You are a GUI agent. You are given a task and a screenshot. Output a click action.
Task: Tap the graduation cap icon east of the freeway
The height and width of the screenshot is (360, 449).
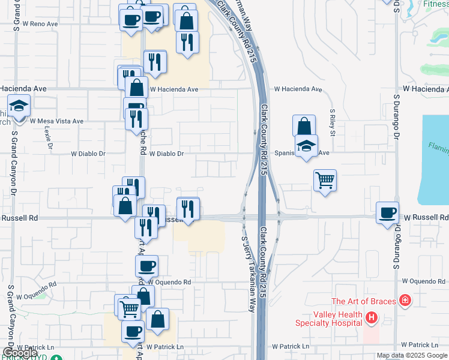306,146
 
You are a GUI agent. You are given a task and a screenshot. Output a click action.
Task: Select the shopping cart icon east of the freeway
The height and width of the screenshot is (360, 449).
325,180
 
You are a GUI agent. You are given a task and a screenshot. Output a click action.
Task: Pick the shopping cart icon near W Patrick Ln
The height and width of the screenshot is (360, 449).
129,309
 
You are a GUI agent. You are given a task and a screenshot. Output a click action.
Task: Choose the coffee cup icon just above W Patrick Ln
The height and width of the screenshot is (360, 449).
133,331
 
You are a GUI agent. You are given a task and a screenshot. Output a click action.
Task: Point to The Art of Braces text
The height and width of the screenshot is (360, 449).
364,301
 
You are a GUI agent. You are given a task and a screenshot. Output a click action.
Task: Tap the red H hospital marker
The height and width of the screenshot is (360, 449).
372,317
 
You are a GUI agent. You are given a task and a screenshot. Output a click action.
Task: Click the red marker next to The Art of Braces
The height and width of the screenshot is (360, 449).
406,300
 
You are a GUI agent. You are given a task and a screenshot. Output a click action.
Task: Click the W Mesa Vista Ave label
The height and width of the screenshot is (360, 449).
57,121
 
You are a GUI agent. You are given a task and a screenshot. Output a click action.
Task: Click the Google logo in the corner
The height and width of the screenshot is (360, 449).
20,353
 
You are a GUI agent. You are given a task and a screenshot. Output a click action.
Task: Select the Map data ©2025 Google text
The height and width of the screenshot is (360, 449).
411,355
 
